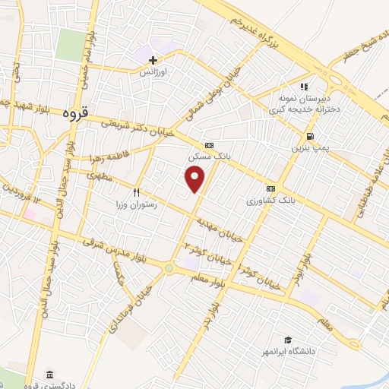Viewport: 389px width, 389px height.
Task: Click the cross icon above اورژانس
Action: [153, 60]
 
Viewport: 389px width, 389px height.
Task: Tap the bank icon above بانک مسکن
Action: [208, 144]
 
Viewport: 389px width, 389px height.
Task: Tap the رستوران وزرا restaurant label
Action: [136, 204]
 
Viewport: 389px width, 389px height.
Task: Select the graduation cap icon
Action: [287, 340]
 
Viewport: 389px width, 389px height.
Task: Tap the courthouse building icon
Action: [49, 375]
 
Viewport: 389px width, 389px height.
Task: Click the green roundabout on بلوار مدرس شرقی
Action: [168, 267]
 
